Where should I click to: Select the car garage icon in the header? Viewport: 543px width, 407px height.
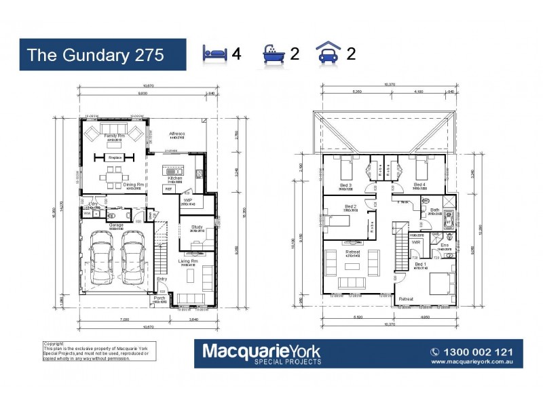point(327,54)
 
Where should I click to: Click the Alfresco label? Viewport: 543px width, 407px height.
point(178,135)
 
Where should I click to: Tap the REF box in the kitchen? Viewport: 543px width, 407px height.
point(168,190)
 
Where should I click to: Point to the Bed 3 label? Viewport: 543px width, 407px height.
point(345,185)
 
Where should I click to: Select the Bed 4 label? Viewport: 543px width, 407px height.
point(419,185)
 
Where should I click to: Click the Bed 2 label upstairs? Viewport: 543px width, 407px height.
point(350,206)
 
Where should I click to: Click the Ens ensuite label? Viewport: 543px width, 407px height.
point(445,245)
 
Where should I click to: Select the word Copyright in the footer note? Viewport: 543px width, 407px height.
point(54,344)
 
